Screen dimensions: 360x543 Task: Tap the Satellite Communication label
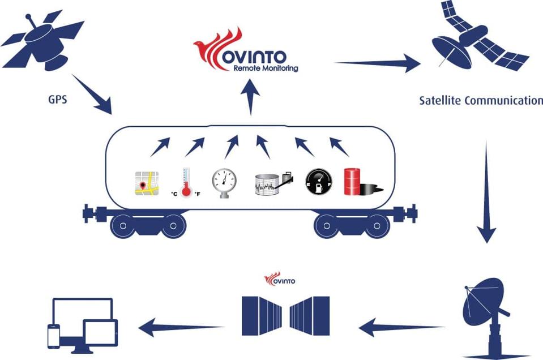pos(481,101)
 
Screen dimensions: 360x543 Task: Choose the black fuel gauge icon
pos(319,182)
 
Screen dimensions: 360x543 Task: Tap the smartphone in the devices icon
pos(54,336)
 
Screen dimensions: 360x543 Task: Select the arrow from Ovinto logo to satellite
pos(377,62)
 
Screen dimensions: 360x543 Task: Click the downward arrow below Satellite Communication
pos(486,192)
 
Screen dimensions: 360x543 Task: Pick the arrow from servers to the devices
pos(181,325)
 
